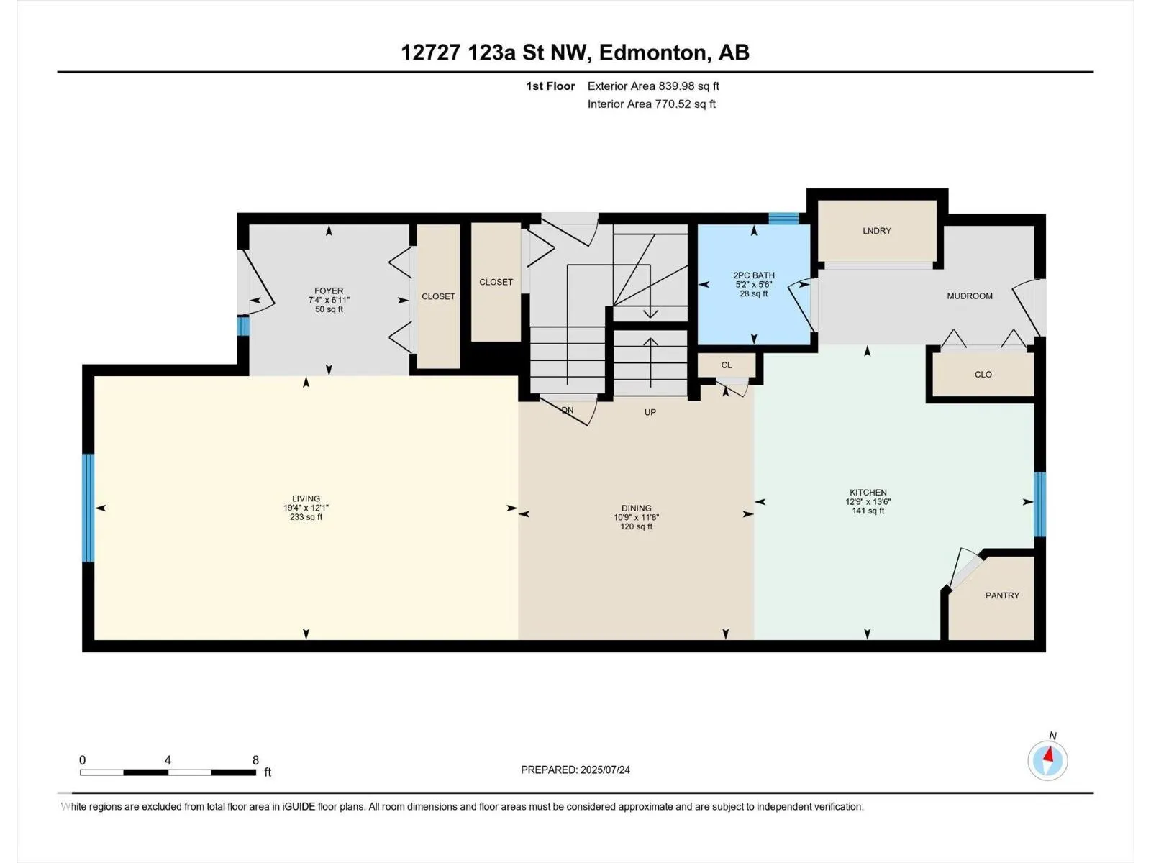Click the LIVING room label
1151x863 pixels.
306,498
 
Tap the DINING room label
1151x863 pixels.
637,508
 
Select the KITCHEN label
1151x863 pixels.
868,492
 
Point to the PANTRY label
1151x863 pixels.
1002,595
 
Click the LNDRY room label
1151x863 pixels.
877,231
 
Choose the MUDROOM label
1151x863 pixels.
970,296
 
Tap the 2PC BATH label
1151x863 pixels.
754,275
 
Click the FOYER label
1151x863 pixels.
329,291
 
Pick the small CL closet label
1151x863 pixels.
727,365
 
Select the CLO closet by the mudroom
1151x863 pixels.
983,375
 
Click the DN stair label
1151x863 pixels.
568,410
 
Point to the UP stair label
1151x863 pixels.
650,412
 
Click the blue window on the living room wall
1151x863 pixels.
88,508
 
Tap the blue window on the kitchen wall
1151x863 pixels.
1039,505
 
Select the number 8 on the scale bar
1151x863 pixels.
256,760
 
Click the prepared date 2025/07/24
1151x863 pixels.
605,770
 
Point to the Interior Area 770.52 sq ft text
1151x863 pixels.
651,104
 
